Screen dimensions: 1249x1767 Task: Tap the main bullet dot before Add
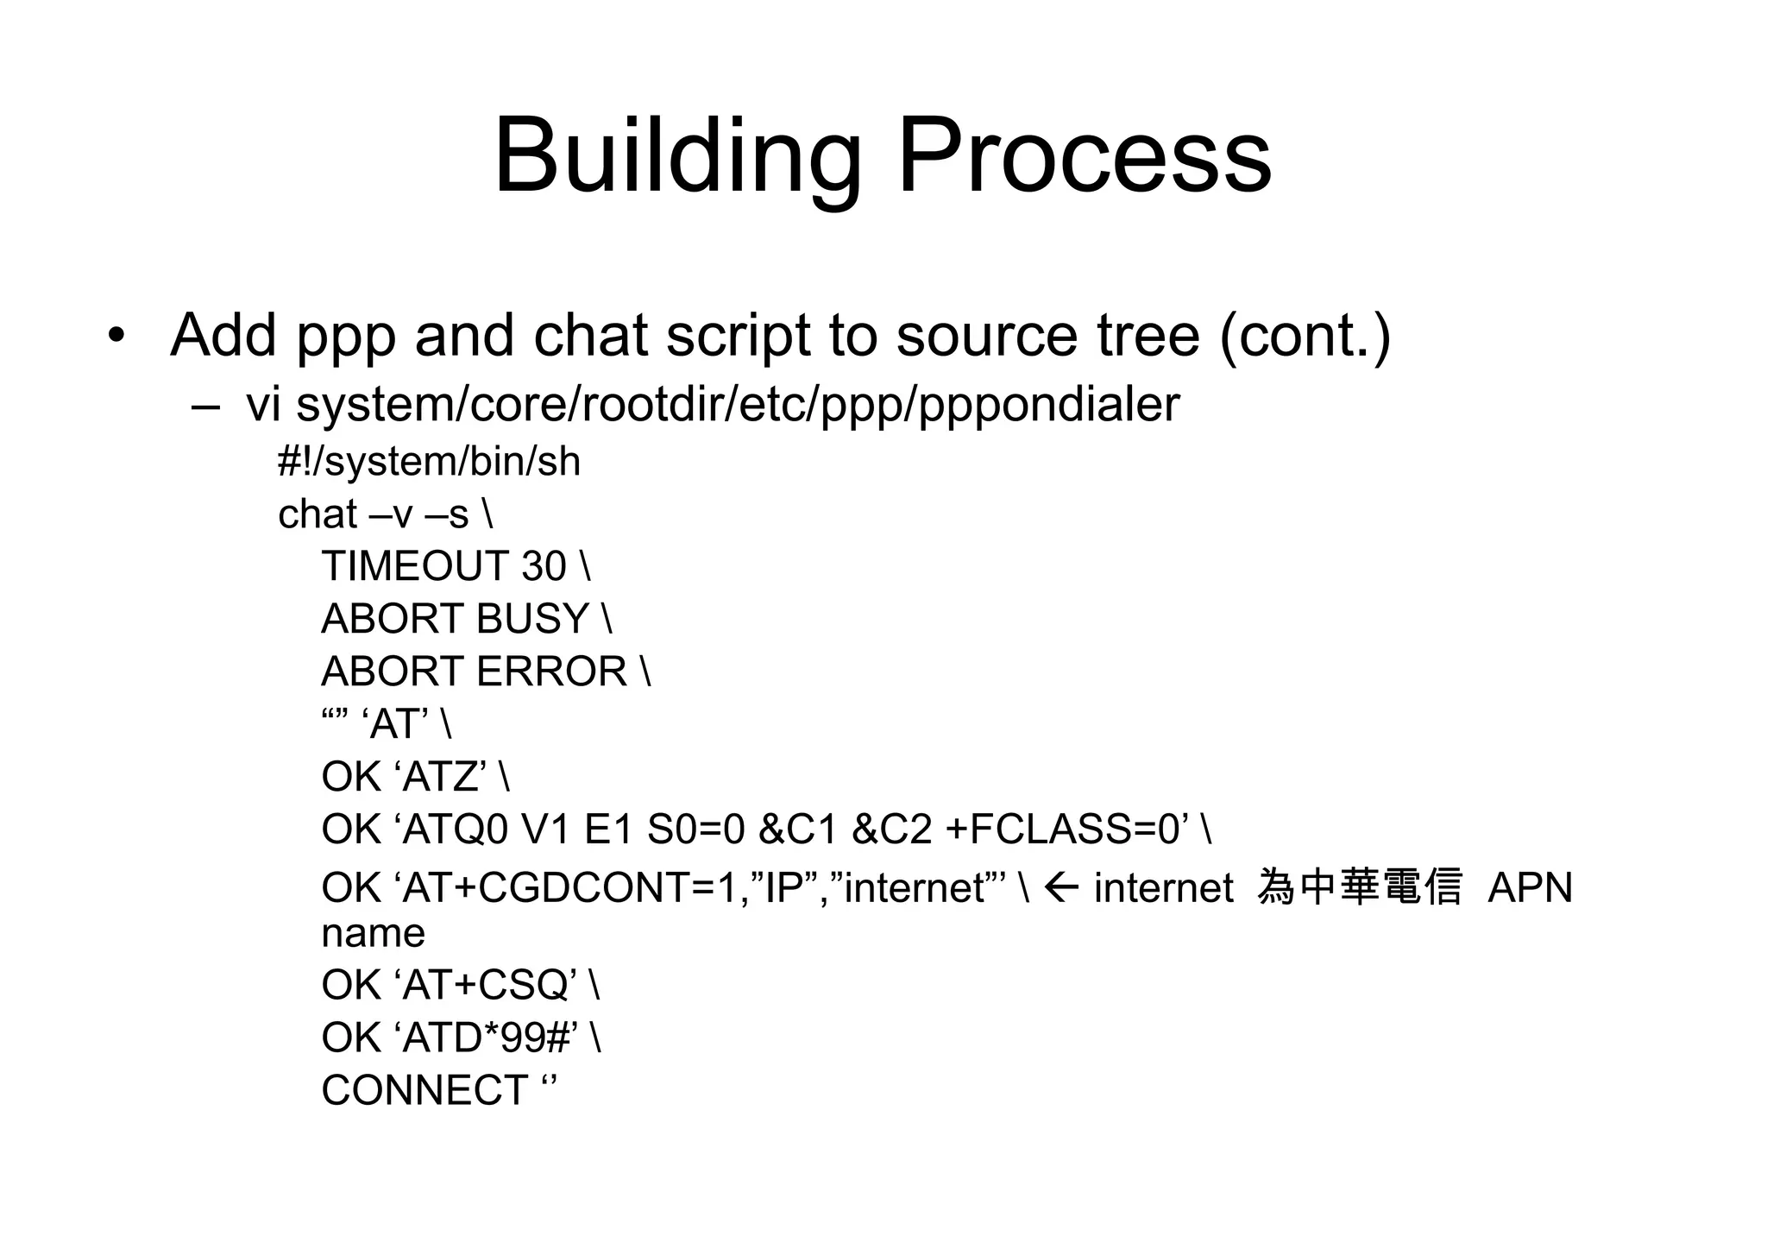(x=116, y=335)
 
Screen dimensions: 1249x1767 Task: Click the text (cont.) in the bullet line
(x=1305, y=337)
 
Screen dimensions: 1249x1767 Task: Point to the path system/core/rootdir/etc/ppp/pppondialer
(x=737, y=405)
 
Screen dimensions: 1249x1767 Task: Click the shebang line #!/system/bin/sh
(x=429, y=462)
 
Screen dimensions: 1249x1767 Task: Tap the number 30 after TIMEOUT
(x=544, y=567)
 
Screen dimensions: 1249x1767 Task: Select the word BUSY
(x=531, y=620)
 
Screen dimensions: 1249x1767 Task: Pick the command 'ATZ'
(x=444, y=778)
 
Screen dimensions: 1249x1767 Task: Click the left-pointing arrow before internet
(x=1060, y=886)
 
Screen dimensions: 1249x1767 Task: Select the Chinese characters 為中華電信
(x=1360, y=887)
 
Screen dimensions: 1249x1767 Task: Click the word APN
(x=1530, y=888)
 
